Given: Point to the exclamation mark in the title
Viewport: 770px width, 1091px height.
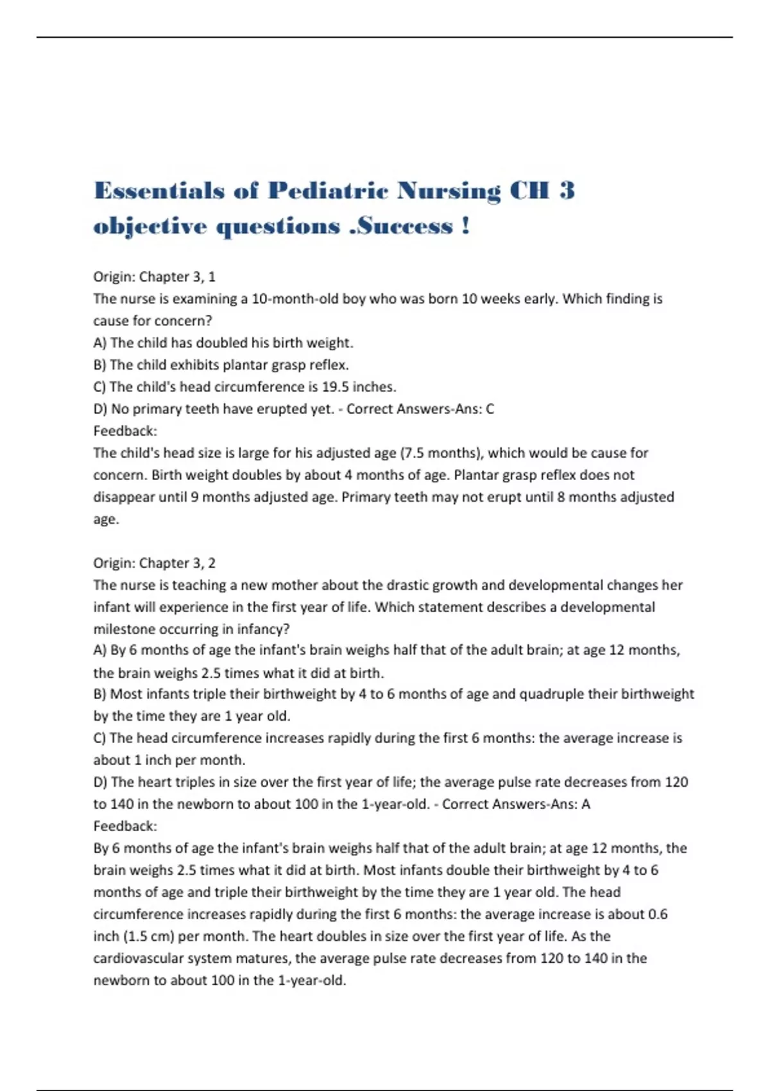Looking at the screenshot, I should click(465, 226).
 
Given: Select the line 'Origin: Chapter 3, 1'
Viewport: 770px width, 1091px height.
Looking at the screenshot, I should click(155, 277).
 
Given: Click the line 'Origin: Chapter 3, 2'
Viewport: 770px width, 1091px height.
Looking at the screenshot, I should click(155, 563).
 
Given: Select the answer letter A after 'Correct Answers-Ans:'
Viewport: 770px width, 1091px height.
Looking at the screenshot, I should click(585, 804).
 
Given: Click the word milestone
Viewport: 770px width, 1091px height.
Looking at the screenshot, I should click(124, 629).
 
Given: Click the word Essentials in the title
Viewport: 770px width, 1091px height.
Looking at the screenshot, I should click(159, 191).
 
